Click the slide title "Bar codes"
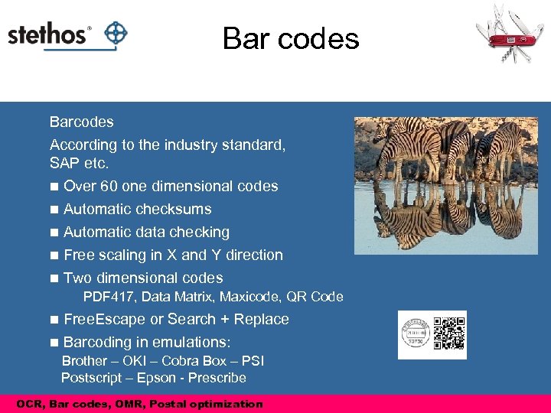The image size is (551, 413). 291,38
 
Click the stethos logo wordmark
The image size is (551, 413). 49,35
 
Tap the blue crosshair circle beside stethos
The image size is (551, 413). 115,34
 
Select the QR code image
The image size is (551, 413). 449,333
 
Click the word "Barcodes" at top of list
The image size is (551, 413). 81,122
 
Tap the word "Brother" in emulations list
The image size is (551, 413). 84,361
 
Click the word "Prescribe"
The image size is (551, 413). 217,378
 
